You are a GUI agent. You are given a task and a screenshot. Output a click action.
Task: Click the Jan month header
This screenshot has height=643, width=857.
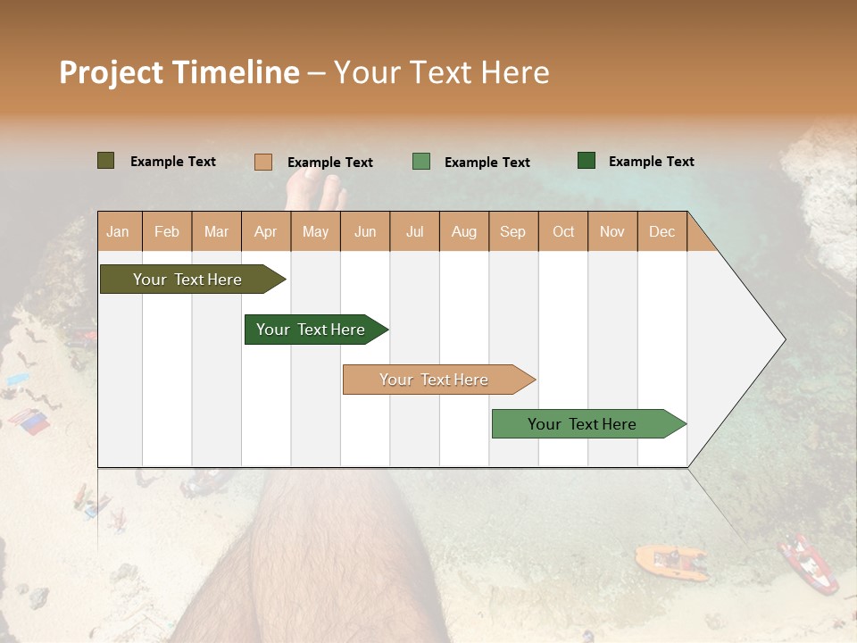pyautogui.click(x=118, y=232)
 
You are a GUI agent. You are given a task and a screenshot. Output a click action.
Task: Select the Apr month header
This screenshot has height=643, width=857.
pyautogui.click(x=265, y=232)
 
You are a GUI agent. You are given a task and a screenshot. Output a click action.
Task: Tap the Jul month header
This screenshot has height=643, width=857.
pyautogui.click(x=414, y=232)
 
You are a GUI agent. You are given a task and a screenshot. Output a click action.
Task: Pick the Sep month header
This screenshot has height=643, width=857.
pyautogui.click(x=512, y=232)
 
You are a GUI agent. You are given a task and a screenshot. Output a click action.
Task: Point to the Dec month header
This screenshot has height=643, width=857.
pyautogui.click(x=661, y=232)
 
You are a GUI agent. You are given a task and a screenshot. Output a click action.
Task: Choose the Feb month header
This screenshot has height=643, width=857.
pyautogui.click(x=167, y=232)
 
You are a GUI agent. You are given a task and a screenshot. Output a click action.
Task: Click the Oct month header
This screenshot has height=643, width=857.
pyautogui.click(x=563, y=232)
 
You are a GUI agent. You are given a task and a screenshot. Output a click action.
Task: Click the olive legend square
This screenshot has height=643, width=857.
pyautogui.click(x=106, y=161)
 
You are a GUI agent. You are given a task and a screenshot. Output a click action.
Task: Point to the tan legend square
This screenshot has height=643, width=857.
pyautogui.click(x=263, y=162)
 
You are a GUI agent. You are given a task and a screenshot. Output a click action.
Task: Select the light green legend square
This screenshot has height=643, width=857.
pyautogui.click(x=421, y=162)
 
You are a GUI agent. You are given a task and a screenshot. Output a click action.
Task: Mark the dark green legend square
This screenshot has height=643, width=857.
pyautogui.click(x=587, y=161)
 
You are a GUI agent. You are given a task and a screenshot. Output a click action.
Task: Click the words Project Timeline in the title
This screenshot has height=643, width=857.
pyautogui.click(x=179, y=72)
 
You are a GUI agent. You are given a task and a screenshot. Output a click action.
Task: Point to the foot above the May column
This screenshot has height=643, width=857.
pyautogui.click(x=318, y=191)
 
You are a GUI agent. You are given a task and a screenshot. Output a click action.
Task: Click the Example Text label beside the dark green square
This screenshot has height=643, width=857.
pyautogui.click(x=651, y=162)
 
